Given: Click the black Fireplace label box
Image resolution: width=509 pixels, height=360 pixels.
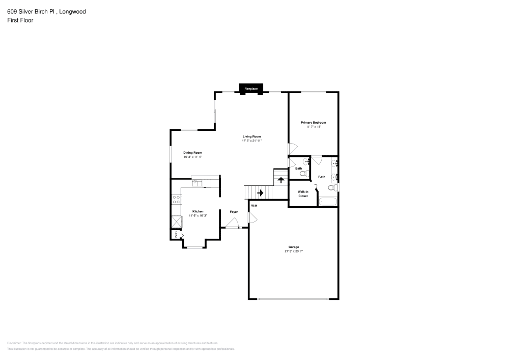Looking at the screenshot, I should tap(251, 89).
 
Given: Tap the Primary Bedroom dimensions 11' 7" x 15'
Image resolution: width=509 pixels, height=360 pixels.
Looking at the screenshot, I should tap(313, 127).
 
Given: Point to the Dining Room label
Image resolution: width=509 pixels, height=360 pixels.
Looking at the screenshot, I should tap(193, 153).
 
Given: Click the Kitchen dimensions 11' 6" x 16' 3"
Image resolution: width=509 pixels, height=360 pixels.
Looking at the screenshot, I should tap(197, 215).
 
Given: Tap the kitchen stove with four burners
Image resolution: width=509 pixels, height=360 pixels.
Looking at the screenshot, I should tap(177, 199).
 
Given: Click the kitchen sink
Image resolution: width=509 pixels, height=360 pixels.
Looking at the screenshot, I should tap(197, 182).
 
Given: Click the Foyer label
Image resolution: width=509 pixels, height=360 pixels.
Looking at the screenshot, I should tap(234, 211).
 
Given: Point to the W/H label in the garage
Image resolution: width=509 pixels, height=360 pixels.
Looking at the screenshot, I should tap(254, 205).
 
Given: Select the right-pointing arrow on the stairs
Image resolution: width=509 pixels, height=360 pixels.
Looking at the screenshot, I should tap(260, 192).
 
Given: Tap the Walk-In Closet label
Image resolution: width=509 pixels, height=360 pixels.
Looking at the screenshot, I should tap(303, 194).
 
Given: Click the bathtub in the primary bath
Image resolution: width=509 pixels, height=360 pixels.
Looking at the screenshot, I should tap(328, 202).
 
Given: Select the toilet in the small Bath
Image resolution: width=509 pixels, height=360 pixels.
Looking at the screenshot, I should tap(303, 174).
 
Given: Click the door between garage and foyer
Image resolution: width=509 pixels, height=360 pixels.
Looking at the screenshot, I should tap(251, 218).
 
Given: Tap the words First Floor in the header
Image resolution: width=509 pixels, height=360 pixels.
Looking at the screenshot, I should tap(20, 20).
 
